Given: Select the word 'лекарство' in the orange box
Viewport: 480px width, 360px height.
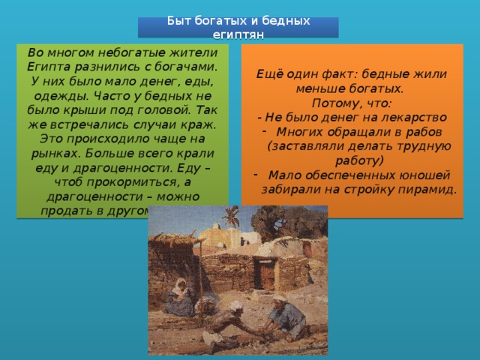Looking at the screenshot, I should [412, 117].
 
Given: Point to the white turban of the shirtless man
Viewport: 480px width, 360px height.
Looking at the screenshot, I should [235, 306].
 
